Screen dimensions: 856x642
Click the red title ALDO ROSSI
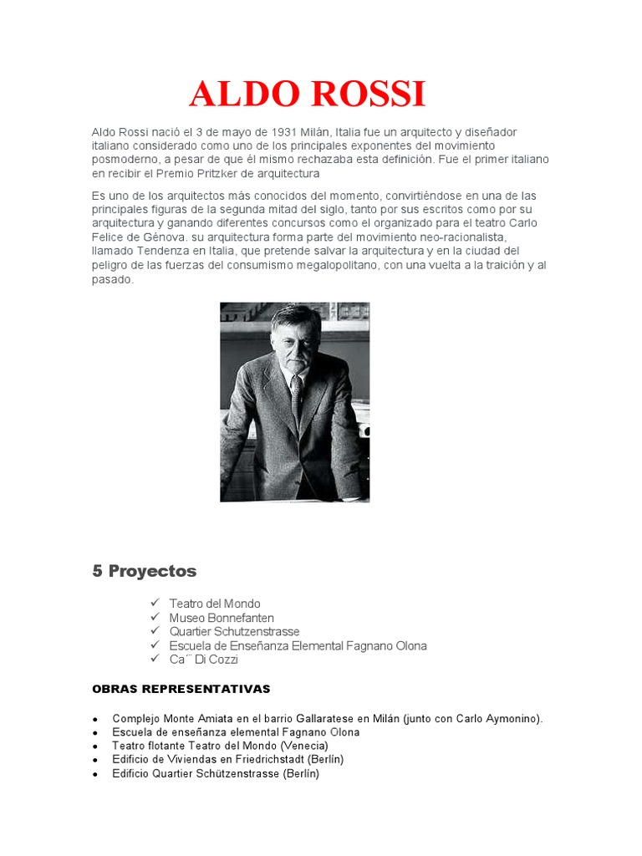click(x=307, y=94)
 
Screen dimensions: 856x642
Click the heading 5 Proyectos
click(x=144, y=571)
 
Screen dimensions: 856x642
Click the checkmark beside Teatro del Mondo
click(x=155, y=602)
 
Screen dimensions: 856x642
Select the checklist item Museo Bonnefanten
click(x=222, y=618)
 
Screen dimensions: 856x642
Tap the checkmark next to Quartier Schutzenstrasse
click(x=155, y=630)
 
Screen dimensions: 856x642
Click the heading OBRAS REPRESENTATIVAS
click(x=181, y=689)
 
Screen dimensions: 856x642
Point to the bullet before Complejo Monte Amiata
click(x=96, y=719)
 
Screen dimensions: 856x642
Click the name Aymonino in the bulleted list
click(x=511, y=718)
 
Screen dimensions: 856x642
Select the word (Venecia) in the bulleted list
click(x=304, y=746)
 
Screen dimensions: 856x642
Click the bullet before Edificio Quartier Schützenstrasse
click(x=96, y=775)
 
